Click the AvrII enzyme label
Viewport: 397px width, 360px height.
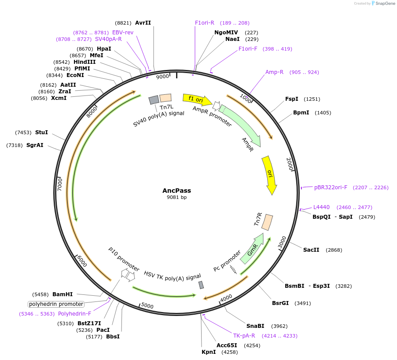coord(143,23)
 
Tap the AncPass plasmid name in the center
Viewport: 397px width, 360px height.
coord(176,191)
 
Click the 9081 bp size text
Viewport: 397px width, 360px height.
coord(176,198)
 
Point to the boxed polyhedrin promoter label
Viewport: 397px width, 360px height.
coord(56,304)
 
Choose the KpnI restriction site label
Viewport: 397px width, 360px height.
coord(209,352)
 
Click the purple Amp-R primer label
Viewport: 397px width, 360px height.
coord(274,72)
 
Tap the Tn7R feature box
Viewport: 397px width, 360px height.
coord(267,222)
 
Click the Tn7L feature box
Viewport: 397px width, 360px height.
coord(165,98)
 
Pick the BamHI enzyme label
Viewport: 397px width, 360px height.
coord(62,294)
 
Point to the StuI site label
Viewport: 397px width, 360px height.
coord(41,132)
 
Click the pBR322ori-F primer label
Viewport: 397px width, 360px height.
coord(331,187)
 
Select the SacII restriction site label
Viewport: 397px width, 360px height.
coord(311,250)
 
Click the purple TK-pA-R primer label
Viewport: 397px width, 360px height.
coord(244,336)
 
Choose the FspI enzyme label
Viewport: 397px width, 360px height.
coord(292,99)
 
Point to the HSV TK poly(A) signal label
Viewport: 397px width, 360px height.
coord(172,276)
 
